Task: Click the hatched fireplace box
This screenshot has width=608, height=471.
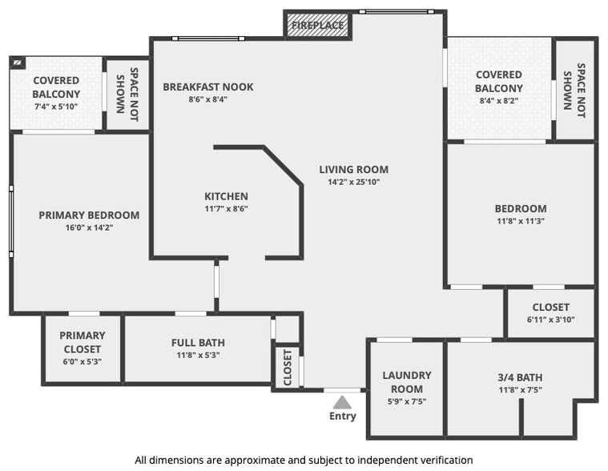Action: pos(317,25)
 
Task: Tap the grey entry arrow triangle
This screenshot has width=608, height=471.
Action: pos(342,402)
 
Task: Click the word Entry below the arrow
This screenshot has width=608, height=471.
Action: pos(343,416)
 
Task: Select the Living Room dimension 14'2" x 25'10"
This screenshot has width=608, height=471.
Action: pos(353,182)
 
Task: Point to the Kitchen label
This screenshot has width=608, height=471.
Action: pos(227,196)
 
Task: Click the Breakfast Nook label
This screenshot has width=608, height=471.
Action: pos(208,87)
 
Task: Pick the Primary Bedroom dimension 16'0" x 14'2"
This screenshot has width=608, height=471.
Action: pos(89,227)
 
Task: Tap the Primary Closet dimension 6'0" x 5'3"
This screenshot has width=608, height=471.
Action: pos(83,362)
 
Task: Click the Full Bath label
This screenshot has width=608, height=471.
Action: pos(198,343)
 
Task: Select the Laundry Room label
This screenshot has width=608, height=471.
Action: pos(407,382)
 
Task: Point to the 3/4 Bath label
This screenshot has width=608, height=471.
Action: pos(521,377)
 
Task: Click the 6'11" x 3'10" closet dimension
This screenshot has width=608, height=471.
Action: pos(551,320)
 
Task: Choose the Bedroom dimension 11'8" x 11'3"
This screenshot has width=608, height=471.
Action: pos(521,221)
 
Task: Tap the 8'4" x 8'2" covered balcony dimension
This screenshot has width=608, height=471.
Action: pos(498,101)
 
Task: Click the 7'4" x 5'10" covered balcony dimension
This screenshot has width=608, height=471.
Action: pos(56,107)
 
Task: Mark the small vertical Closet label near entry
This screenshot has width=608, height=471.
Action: pos(288,368)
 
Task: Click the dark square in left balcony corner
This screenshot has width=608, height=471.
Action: pos(18,62)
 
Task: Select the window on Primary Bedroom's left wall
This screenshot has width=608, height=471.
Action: pos(11,221)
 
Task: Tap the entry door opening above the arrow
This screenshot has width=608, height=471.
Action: pos(342,390)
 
